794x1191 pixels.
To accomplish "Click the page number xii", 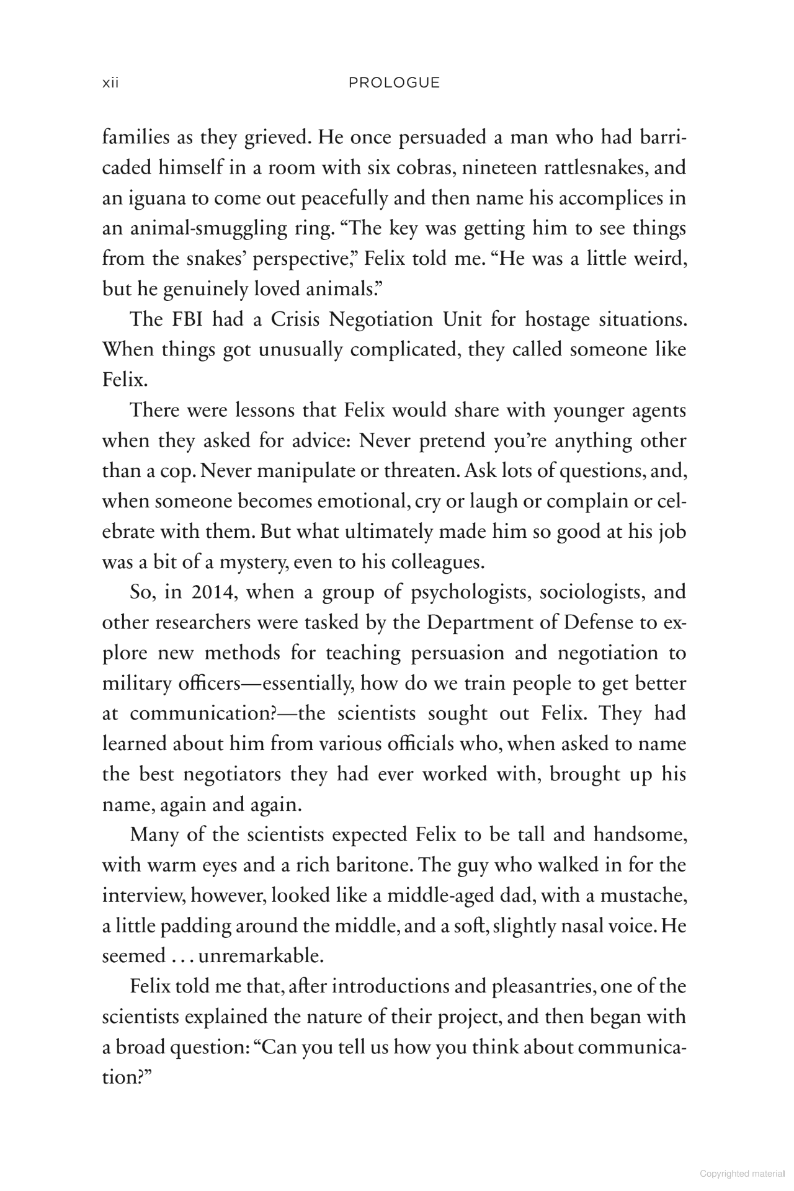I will coord(110,83).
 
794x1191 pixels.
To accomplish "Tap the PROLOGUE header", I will coord(394,83).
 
